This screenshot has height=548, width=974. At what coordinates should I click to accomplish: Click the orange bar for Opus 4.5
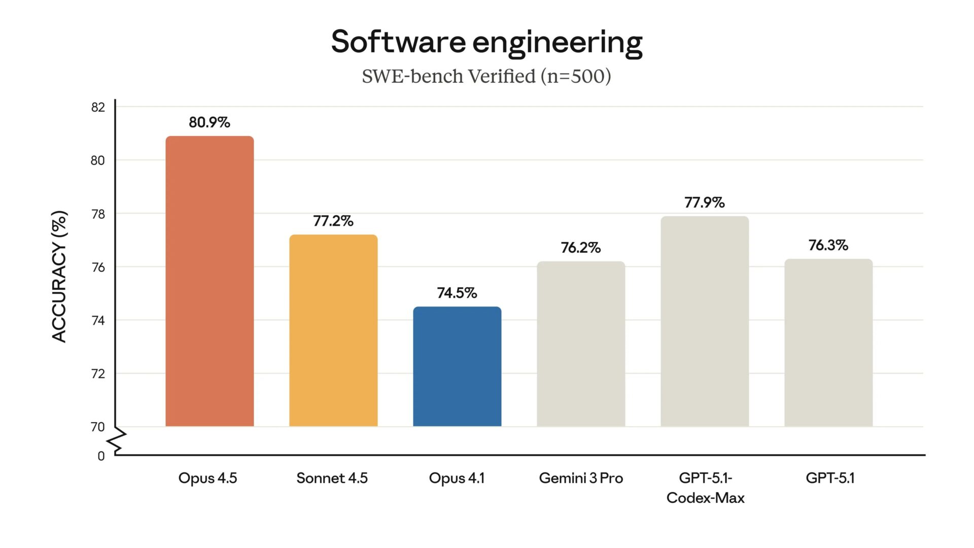210,282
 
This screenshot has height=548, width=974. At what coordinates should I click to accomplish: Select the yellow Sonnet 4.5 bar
333,331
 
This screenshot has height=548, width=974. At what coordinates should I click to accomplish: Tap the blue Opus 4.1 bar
457,366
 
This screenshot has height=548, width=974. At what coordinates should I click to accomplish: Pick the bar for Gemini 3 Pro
581,344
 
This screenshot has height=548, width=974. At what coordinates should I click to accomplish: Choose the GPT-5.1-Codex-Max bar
705,322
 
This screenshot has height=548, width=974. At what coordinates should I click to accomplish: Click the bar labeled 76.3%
828,343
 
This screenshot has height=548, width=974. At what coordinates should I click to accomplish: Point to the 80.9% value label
210,122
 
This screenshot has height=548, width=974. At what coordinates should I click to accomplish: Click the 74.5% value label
457,293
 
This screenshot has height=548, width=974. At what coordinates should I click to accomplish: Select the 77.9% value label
705,202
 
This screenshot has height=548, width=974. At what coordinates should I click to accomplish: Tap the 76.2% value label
581,248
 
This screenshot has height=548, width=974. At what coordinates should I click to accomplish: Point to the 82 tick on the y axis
98,107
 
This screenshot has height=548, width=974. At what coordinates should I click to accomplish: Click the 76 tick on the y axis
98,267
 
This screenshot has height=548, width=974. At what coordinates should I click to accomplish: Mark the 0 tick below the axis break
101,456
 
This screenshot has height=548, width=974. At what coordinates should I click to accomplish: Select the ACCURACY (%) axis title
59,277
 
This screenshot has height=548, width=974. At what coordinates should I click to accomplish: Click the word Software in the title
398,42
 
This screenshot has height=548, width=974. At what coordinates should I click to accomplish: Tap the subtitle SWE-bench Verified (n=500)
486,77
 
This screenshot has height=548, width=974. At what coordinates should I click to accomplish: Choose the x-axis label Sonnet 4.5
332,478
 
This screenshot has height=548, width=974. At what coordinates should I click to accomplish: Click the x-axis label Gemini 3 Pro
581,478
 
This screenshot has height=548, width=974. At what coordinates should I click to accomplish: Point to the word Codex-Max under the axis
705,498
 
